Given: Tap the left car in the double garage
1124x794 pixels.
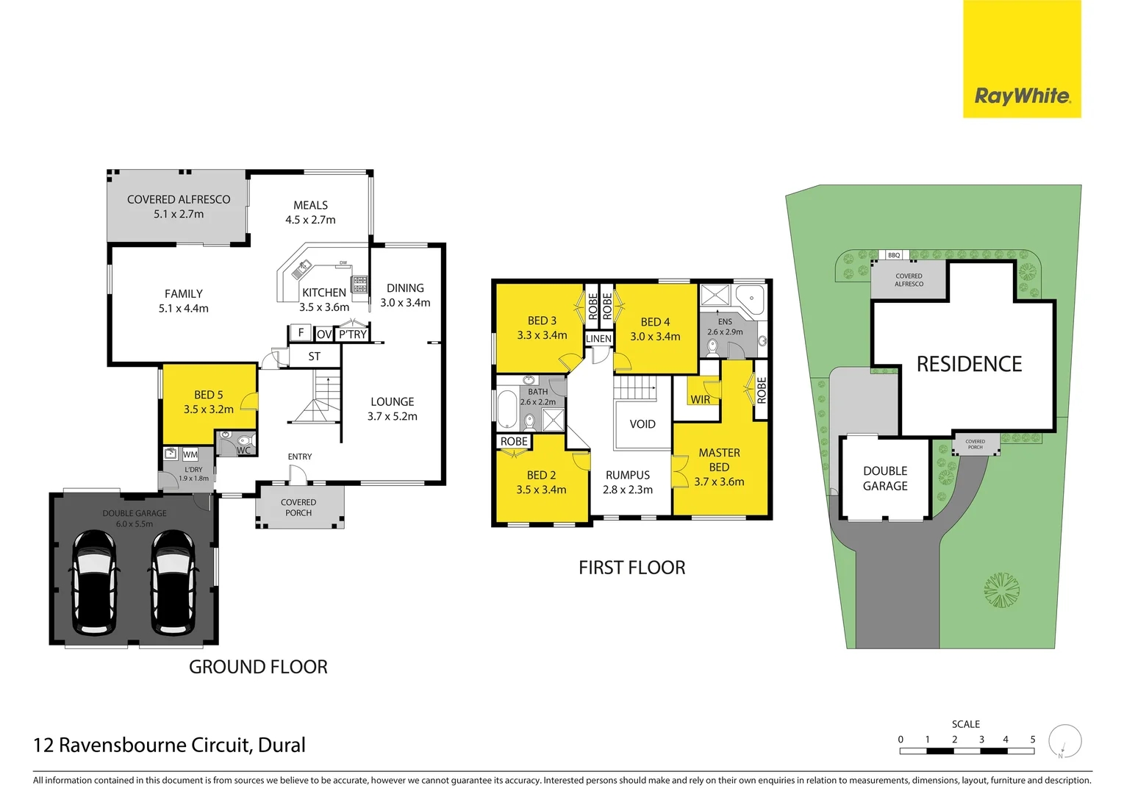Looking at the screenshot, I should pos(94,582).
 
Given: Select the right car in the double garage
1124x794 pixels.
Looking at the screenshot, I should pos(173,582).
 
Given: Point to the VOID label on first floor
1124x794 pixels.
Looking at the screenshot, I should pos(642,424).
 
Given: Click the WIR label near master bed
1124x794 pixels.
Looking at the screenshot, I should pos(700,399).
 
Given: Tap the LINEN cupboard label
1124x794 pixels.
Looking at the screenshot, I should pos(598,339).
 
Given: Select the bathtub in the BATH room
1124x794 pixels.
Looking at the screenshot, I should pos(508,410).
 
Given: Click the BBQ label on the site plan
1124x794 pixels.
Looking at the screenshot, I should pos(894,255).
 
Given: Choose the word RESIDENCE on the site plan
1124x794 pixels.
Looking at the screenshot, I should pos(969,364).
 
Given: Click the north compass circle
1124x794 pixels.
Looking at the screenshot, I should pos(1064,740).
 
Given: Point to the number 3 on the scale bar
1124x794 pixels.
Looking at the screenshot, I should pos(981,740).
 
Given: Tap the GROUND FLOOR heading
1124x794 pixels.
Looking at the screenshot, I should pos(258,667).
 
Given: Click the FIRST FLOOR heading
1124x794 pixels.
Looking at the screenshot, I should pos(631,568).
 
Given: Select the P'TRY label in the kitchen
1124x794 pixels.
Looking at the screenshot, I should pos(353,335).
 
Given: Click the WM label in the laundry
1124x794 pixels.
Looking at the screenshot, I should pos(190,454).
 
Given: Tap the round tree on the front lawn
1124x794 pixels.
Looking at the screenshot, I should pos(1002,590).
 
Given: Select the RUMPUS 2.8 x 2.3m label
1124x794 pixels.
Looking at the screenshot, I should pos(628,482).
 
